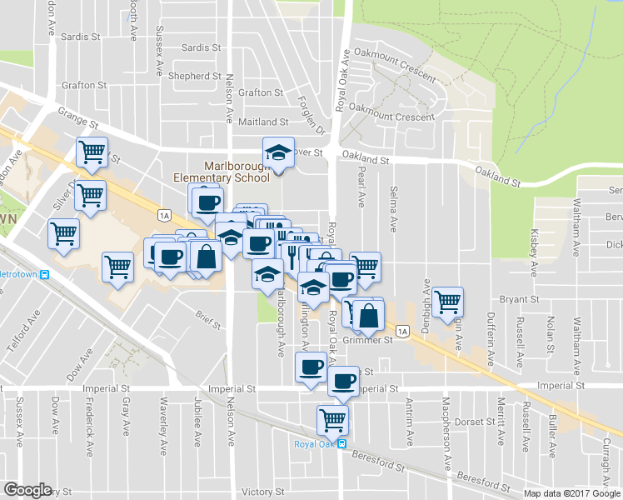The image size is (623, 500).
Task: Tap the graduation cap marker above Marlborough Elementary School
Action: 278,152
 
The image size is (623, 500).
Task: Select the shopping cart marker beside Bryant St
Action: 448,302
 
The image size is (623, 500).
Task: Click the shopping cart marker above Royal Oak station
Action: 333,419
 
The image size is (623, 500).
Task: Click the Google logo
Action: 27,490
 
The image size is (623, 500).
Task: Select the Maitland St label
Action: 263,122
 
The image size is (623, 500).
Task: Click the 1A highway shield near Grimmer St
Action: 404,332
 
